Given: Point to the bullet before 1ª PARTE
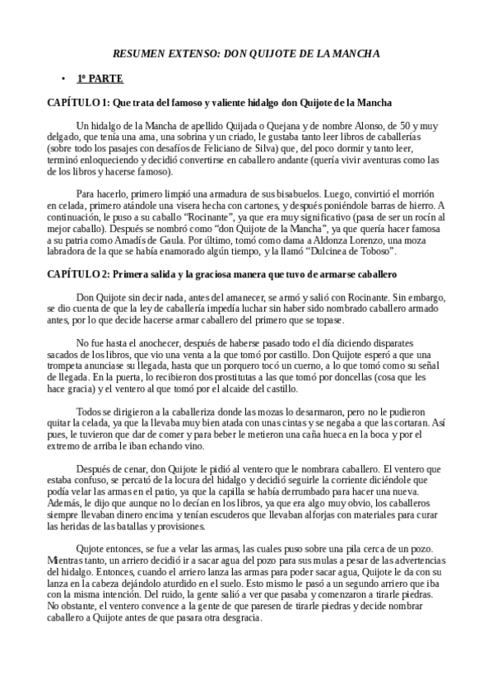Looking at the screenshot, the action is click(63, 79).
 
